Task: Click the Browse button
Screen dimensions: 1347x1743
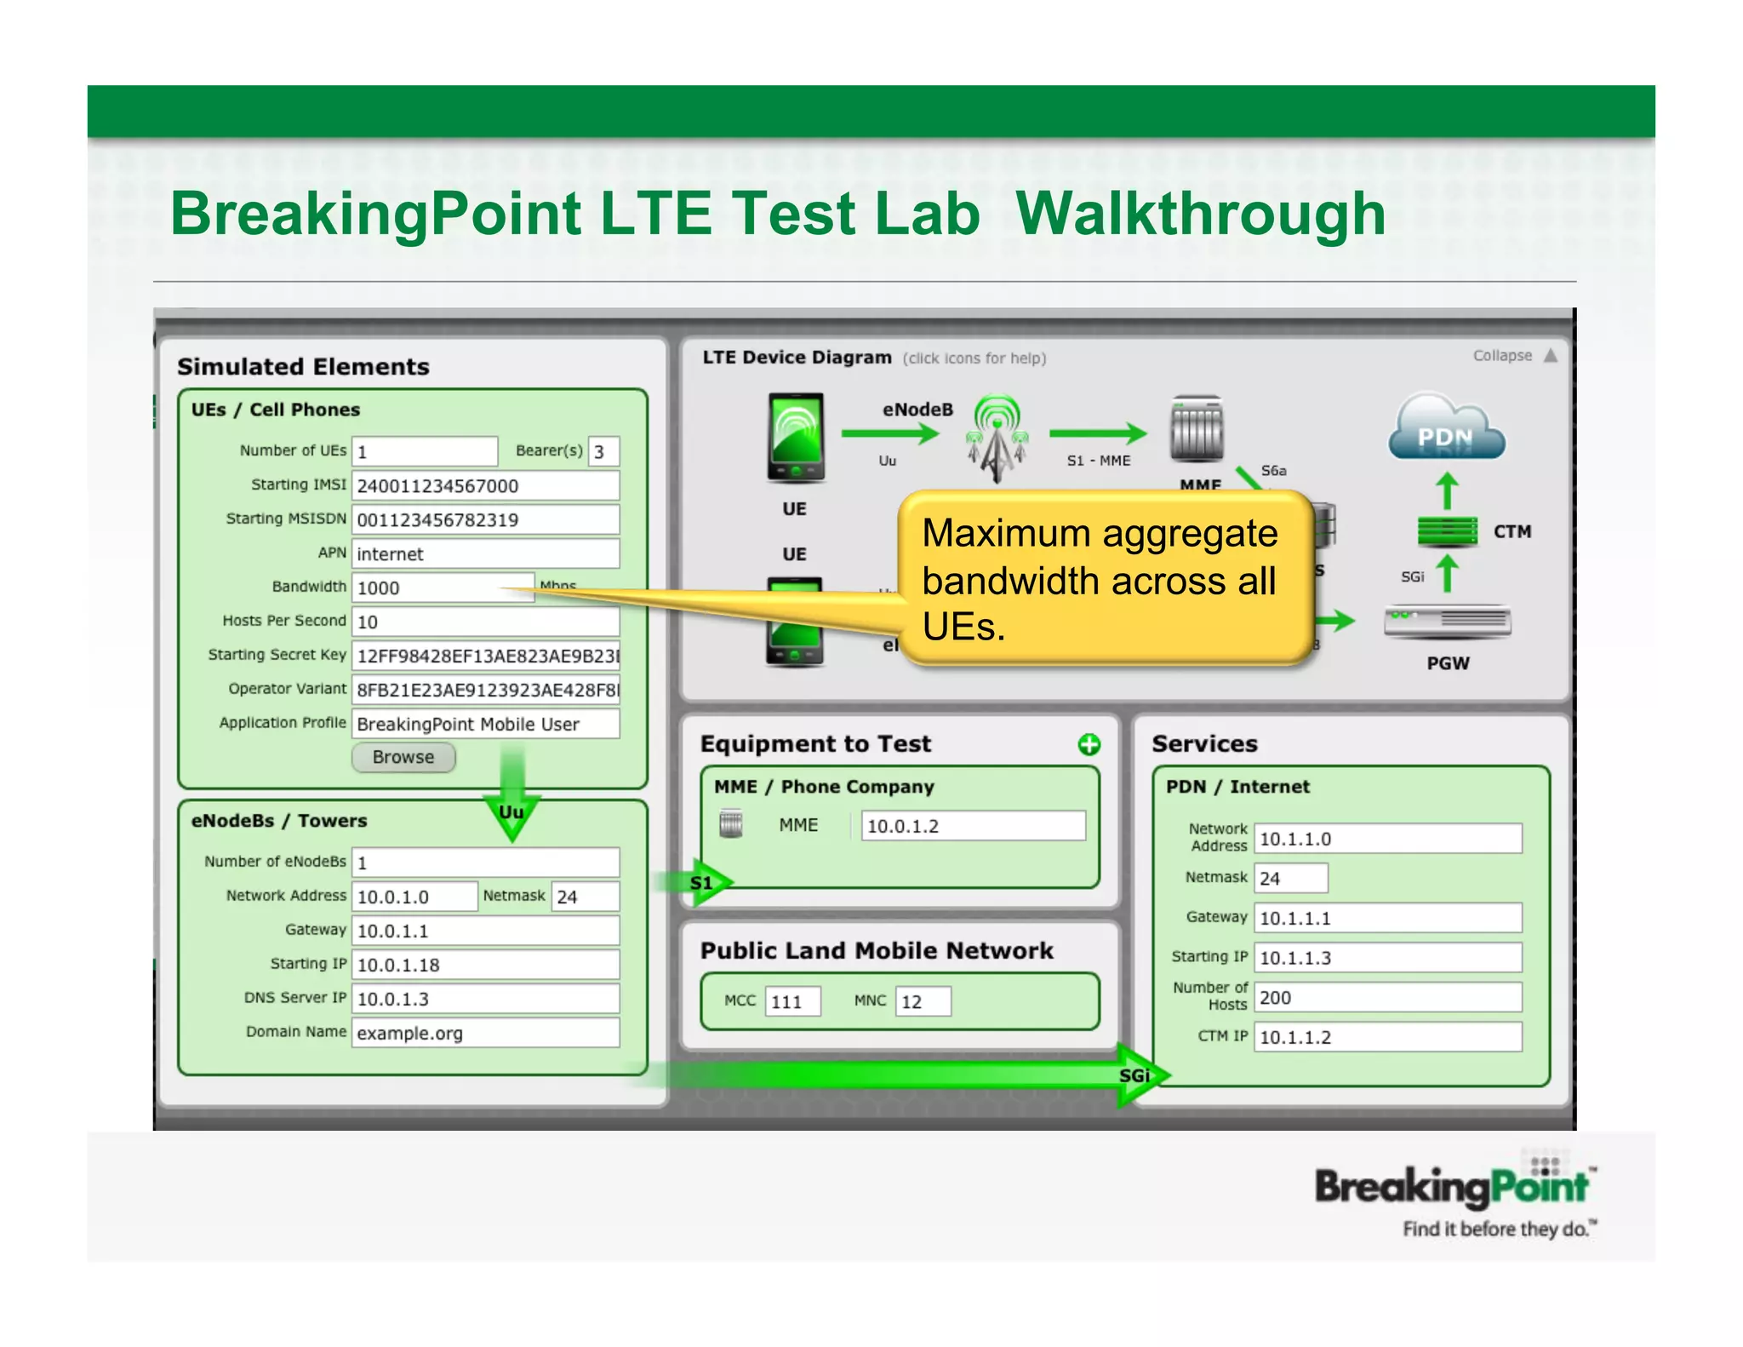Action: pos(403,757)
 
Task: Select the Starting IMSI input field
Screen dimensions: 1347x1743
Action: pos(485,485)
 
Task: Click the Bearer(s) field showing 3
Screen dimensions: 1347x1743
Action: pos(603,451)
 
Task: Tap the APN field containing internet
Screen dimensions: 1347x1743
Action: pos(485,553)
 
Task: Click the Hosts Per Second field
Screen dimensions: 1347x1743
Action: pos(485,622)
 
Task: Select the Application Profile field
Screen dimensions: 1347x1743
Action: pos(485,724)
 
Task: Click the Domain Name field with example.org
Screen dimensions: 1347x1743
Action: pos(485,1033)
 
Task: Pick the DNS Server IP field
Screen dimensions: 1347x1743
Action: pos(485,999)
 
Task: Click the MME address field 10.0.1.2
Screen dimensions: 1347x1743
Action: pos(973,826)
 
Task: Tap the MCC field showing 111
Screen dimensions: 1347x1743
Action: pos(792,1001)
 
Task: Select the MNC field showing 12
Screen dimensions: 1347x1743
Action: pos(923,1001)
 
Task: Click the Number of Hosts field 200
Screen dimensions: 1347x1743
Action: pos(1387,997)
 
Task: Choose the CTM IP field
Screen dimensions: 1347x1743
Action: pos(1387,1037)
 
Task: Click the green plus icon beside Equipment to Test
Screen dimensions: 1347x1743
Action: pos(1089,745)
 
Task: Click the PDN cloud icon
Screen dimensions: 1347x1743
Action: pos(1446,429)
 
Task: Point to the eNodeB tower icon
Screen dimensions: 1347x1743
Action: pos(997,437)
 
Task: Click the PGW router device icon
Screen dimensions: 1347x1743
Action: pos(1447,622)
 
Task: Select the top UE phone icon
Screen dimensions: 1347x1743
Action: pos(796,437)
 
